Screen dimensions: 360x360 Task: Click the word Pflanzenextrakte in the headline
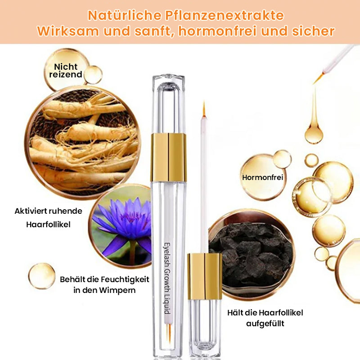(x=224, y=16)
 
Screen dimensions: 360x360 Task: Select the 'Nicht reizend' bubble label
(x=66, y=71)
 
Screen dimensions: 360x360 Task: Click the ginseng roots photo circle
(x=83, y=142)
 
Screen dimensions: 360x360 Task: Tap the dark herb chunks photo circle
(x=252, y=254)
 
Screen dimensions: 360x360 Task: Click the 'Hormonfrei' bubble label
(x=262, y=177)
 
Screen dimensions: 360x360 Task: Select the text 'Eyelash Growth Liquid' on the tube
(x=167, y=278)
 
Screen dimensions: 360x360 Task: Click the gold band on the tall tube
(x=168, y=157)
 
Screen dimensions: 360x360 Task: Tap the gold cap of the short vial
(x=205, y=276)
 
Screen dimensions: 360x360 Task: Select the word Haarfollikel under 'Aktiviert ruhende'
(x=48, y=224)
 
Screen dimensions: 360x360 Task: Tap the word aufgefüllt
(x=265, y=324)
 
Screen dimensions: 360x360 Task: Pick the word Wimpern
(x=117, y=290)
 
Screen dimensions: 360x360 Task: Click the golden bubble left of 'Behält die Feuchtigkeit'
(x=42, y=276)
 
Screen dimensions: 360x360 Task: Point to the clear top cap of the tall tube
(x=168, y=103)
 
